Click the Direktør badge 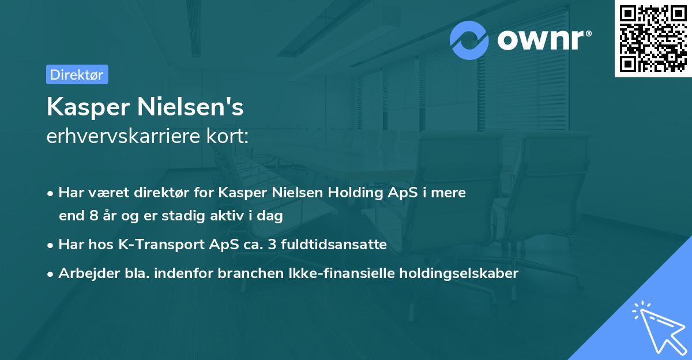(77, 74)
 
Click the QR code (653, 39)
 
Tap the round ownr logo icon (469, 40)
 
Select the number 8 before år (93, 216)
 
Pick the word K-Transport (153, 245)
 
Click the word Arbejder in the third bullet (84, 273)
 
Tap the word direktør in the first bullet (170, 193)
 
